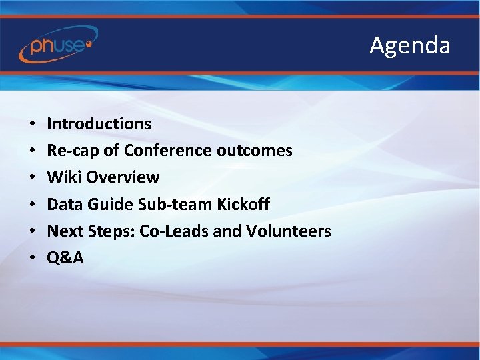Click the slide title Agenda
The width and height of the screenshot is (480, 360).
410,45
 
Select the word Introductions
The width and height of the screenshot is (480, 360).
99,124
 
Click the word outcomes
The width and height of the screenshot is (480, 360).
255,151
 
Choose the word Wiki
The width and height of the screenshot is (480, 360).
64,177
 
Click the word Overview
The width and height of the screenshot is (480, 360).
123,177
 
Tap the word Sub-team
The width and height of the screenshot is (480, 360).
171,204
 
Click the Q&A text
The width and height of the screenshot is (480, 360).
65,258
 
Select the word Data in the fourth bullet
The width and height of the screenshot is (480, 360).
63,204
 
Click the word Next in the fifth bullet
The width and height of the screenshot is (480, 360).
64,231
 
